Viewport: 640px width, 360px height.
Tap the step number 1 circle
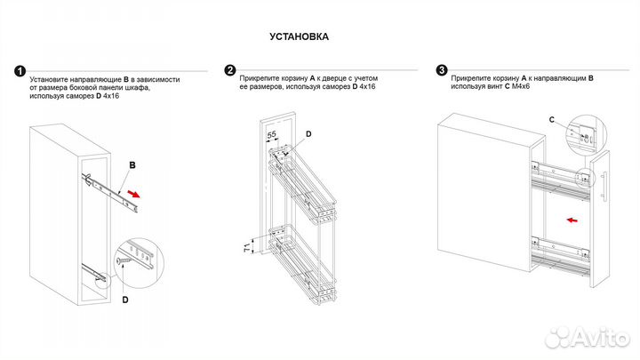[x=20, y=70]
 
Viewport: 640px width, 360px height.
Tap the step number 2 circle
[x=230, y=70]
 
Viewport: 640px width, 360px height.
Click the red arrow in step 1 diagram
[x=133, y=193]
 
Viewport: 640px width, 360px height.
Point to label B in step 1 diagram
[x=131, y=165]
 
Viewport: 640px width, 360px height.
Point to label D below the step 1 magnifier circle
[x=125, y=300]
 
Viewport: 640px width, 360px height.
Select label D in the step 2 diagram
[x=308, y=134]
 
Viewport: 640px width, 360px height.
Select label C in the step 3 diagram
[x=551, y=118]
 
